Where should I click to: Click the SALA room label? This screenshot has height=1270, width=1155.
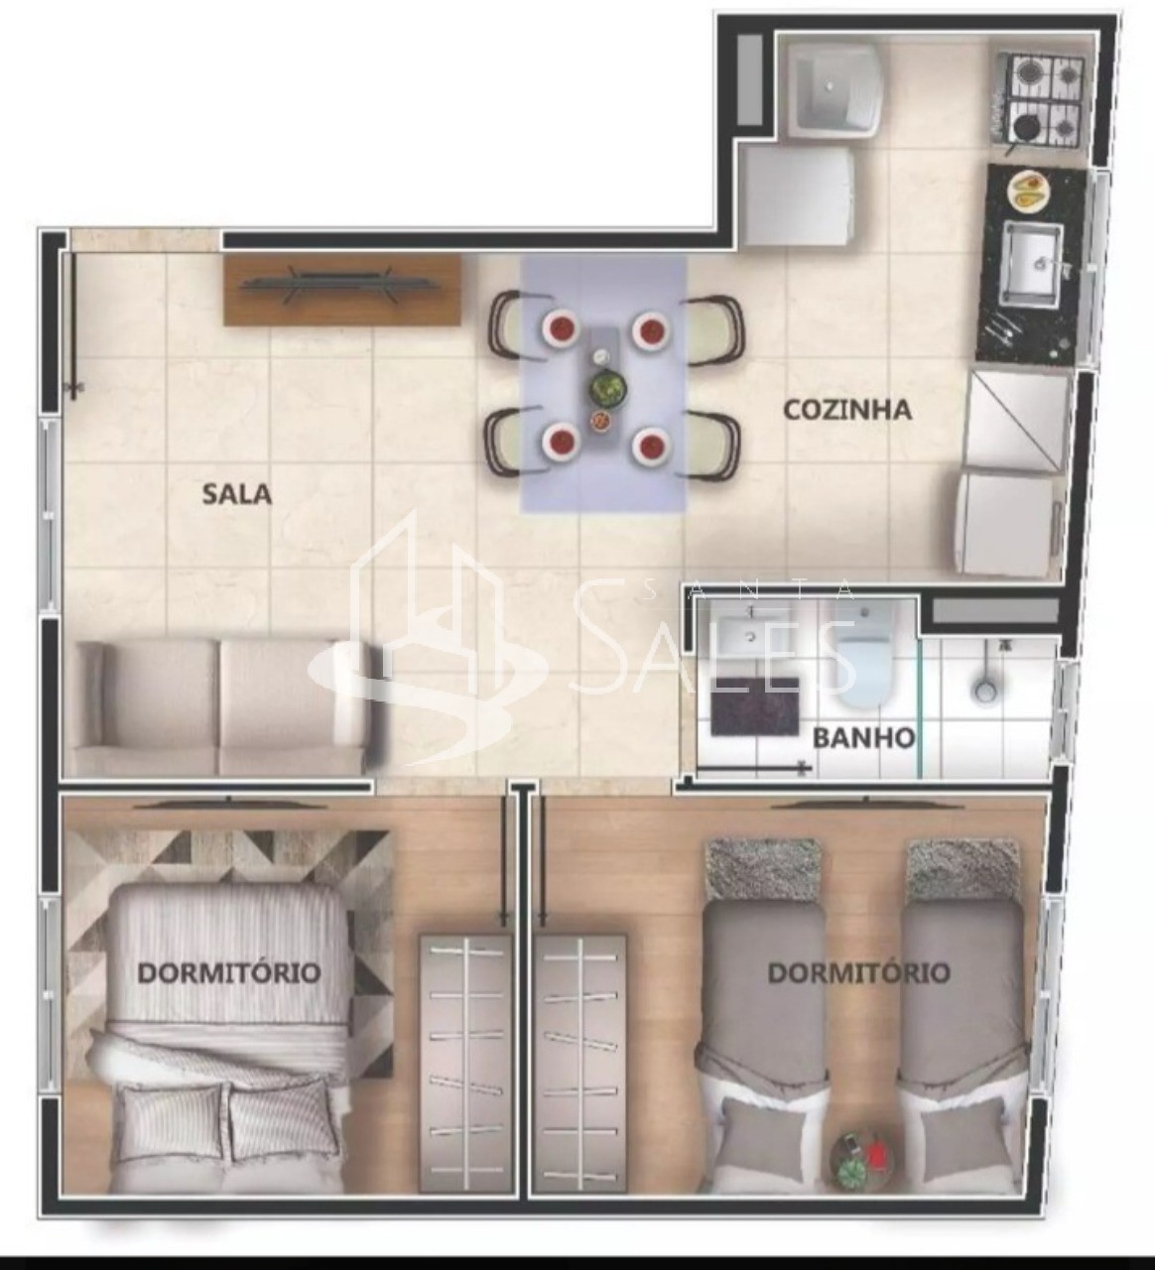pyautogui.click(x=236, y=493)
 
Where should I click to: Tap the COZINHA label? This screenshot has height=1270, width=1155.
pyautogui.click(x=846, y=410)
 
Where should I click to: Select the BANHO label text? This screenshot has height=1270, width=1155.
pyautogui.click(x=863, y=738)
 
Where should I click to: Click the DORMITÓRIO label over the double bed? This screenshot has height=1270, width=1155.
pyautogui.click(x=228, y=972)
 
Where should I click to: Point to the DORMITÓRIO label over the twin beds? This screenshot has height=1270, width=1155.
pyautogui.click(x=858, y=972)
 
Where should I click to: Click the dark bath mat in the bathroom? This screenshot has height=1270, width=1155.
pyautogui.click(x=755, y=706)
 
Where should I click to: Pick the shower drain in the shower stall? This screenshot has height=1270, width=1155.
pyautogui.click(x=984, y=690)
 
